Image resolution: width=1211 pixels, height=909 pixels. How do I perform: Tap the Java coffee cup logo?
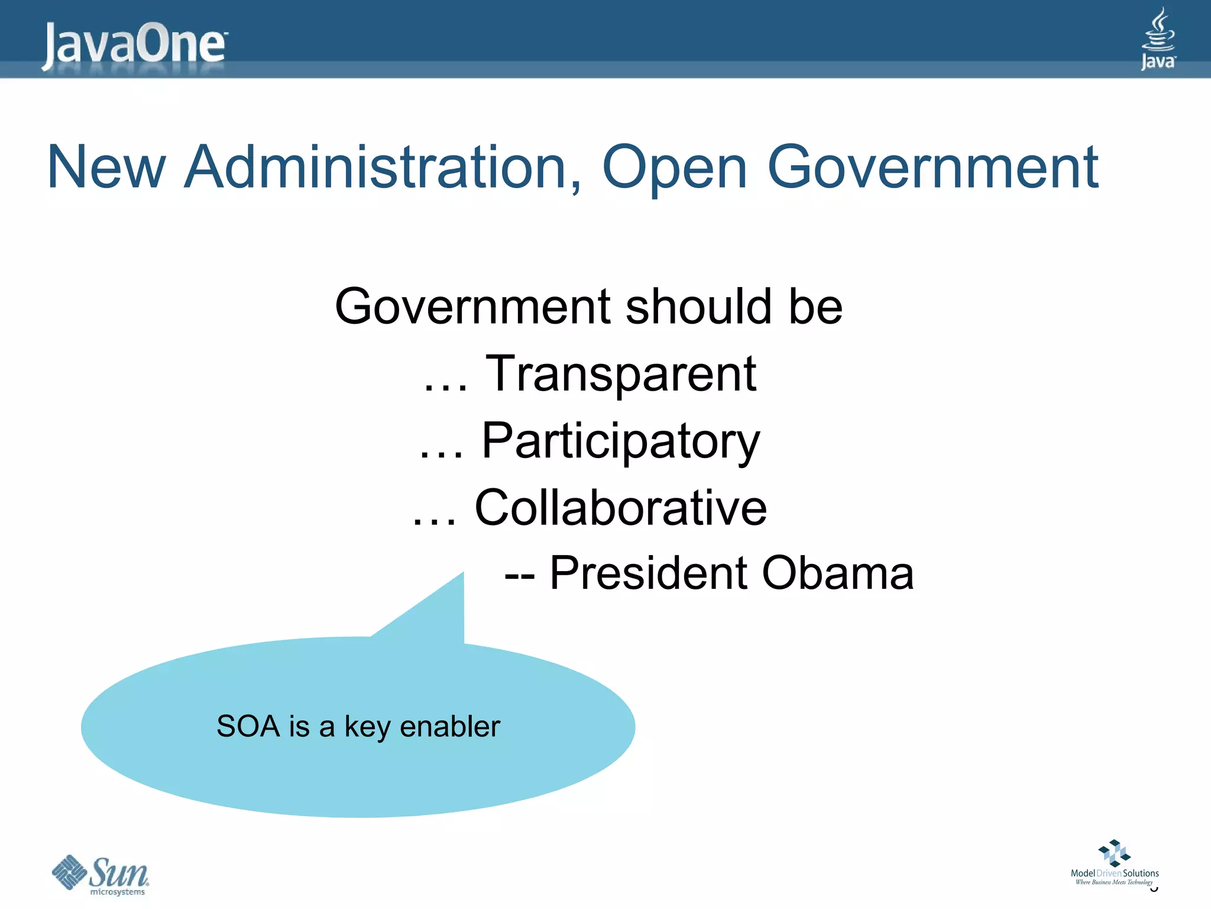point(1158,38)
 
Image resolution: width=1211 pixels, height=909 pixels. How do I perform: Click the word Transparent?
point(620,374)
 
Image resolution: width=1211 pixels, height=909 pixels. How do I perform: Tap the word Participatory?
point(620,441)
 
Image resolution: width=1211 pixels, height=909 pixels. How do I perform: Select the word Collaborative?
point(620,508)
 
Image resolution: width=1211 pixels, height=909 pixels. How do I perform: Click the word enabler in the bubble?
point(450,726)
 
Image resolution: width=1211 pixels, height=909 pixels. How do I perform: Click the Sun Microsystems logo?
point(101,874)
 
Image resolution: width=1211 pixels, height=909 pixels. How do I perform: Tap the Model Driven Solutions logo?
point(1115,862)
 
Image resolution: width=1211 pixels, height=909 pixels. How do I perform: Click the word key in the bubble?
point(367,727)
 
